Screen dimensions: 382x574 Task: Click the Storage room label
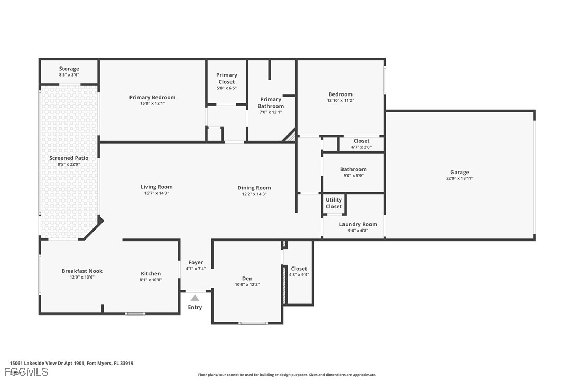[69, 69]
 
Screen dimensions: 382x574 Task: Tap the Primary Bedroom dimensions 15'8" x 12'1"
[152, 103]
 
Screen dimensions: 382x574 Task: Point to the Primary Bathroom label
[271, 102]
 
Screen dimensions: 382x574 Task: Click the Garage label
[459, 172]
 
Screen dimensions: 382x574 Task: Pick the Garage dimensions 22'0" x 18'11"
[459, 178]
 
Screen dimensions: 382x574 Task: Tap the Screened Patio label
[69, 158]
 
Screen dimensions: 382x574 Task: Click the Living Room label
[156, 187]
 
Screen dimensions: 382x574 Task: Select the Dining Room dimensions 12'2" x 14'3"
[254, 194]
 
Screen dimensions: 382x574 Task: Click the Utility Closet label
[334, 203]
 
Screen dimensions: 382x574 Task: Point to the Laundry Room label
[358, 224]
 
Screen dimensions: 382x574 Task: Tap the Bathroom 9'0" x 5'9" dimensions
[353, 176]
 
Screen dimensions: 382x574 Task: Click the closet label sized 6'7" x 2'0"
[362, 141]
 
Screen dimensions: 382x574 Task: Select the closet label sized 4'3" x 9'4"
[299, 269]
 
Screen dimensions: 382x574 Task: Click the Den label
[247, 279]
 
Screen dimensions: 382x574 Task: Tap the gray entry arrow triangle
[195, 298]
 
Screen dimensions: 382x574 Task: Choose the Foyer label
[196, 262]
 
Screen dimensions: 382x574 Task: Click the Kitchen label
[151, 273]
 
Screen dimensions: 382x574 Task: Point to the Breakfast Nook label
[82, 271]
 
